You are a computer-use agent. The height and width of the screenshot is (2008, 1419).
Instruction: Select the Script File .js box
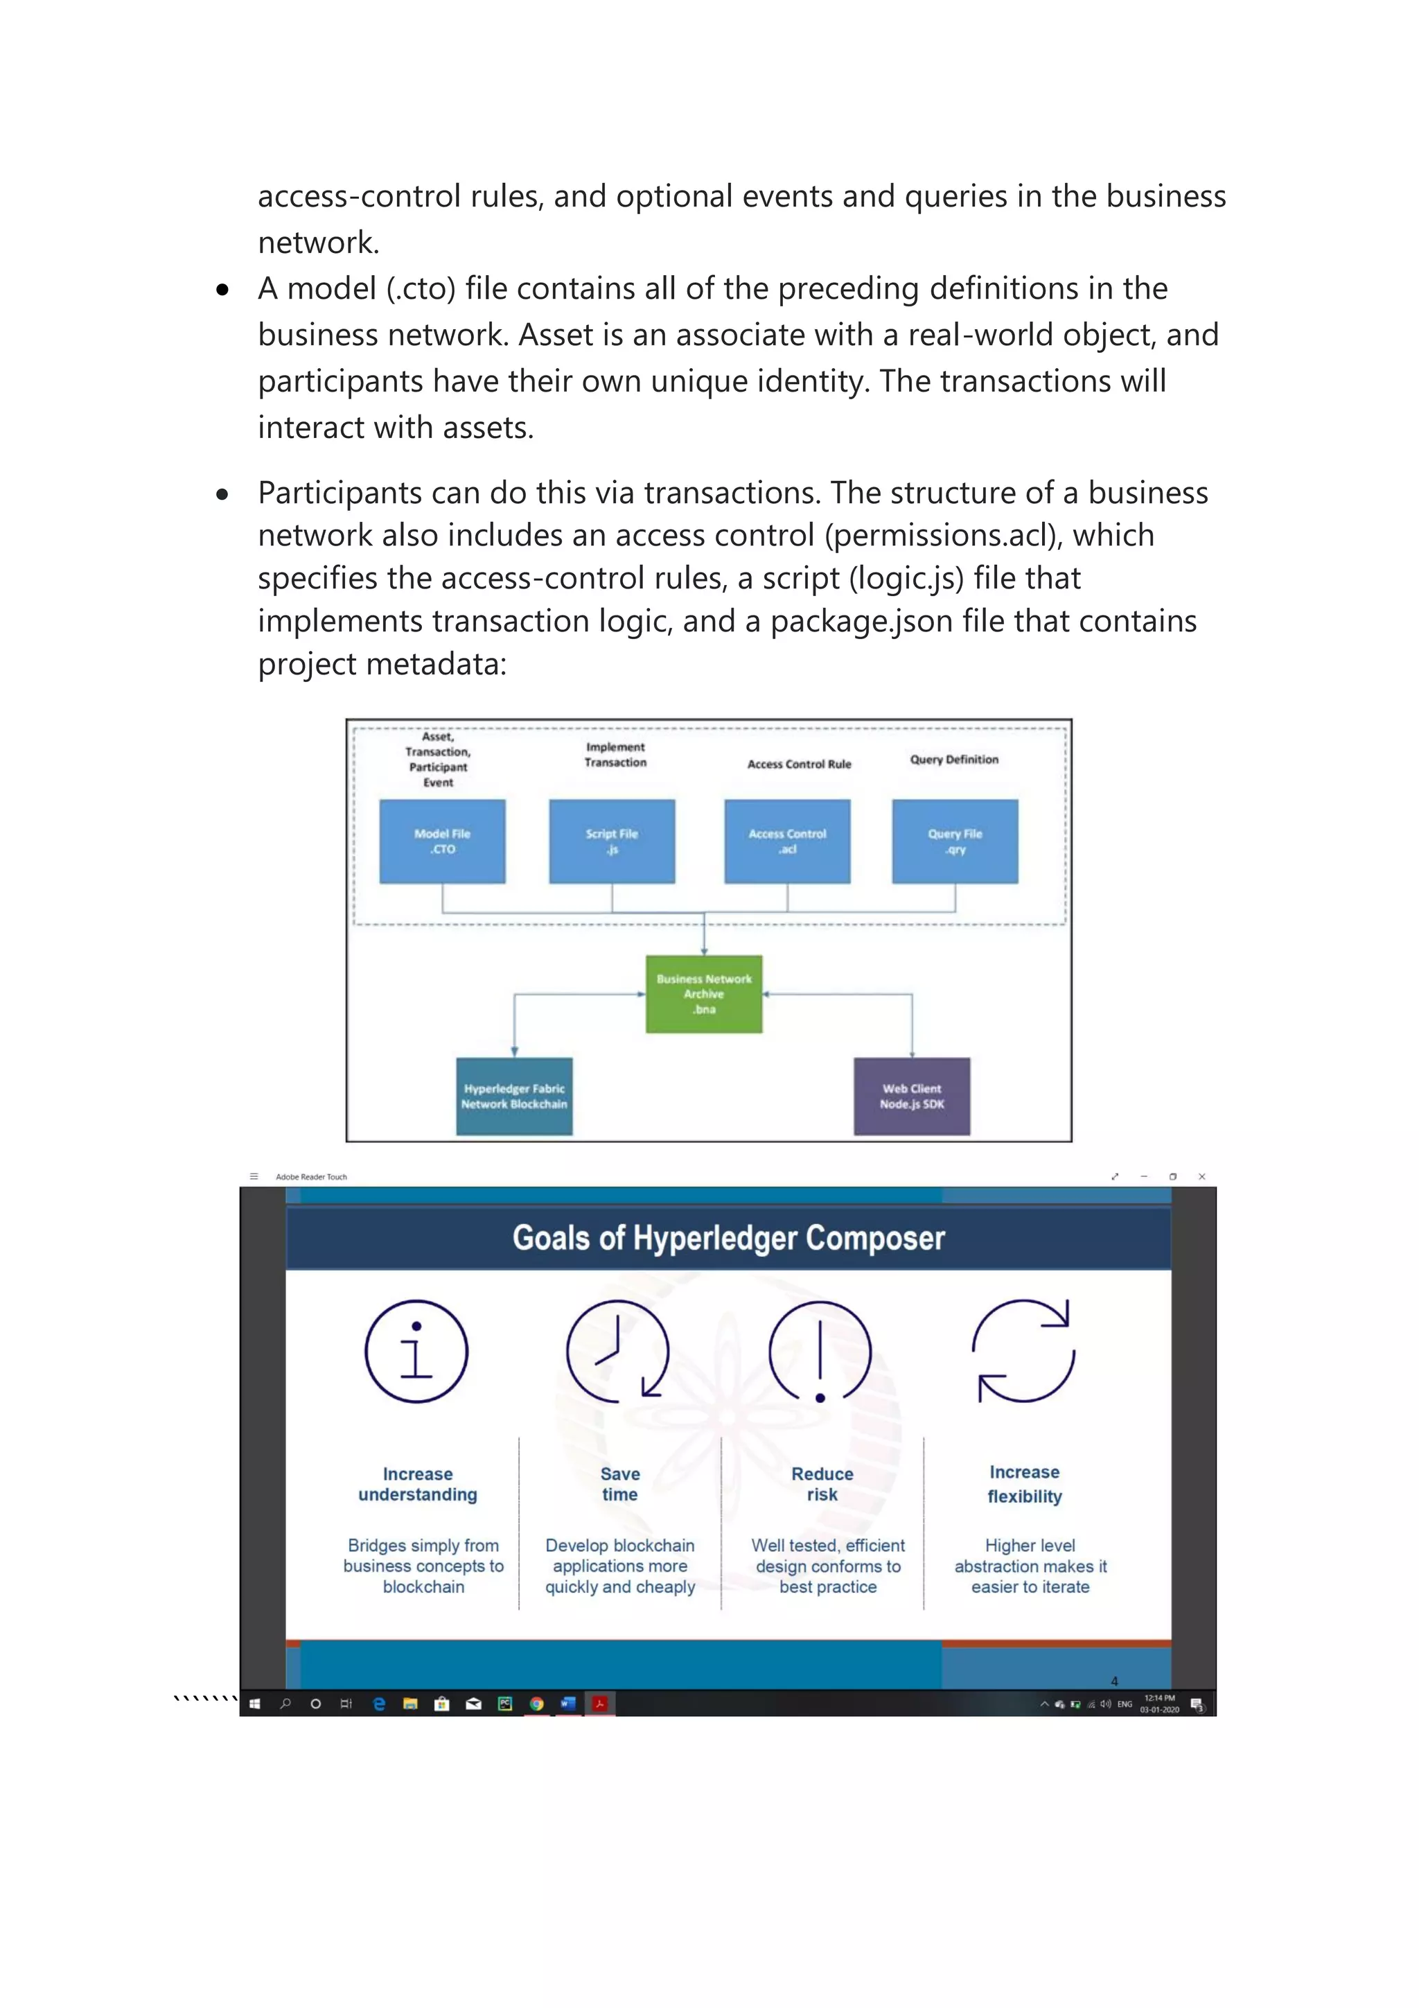(x=611, y=841)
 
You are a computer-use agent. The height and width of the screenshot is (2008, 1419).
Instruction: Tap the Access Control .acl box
(x=787, y=841)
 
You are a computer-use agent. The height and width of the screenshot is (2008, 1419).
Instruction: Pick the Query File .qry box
(x=955, y=841)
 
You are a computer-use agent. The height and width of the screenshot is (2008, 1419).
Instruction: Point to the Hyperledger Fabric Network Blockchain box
(x=514, y=1096)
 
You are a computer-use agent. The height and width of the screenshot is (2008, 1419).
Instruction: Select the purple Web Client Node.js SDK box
(x=912, y=1096)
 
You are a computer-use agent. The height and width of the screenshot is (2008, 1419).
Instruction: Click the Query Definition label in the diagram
(x=954, y=759)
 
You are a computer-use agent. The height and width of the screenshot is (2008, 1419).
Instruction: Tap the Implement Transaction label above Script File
(x=615, y=755)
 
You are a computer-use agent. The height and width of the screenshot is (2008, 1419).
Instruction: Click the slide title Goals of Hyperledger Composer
(x=728, y=1239)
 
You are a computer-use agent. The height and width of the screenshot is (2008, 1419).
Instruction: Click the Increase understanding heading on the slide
(x=418, y=1484)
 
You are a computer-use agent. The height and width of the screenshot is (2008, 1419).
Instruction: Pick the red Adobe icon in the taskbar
(x=600, y=1704)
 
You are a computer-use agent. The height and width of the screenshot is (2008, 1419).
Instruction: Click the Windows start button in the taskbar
(x=254, y=1704)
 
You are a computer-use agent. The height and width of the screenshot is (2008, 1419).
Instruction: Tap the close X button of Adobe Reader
(x=1202, y=1177)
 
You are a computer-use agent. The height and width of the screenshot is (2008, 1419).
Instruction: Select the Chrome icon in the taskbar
(x=537, y=1704)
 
